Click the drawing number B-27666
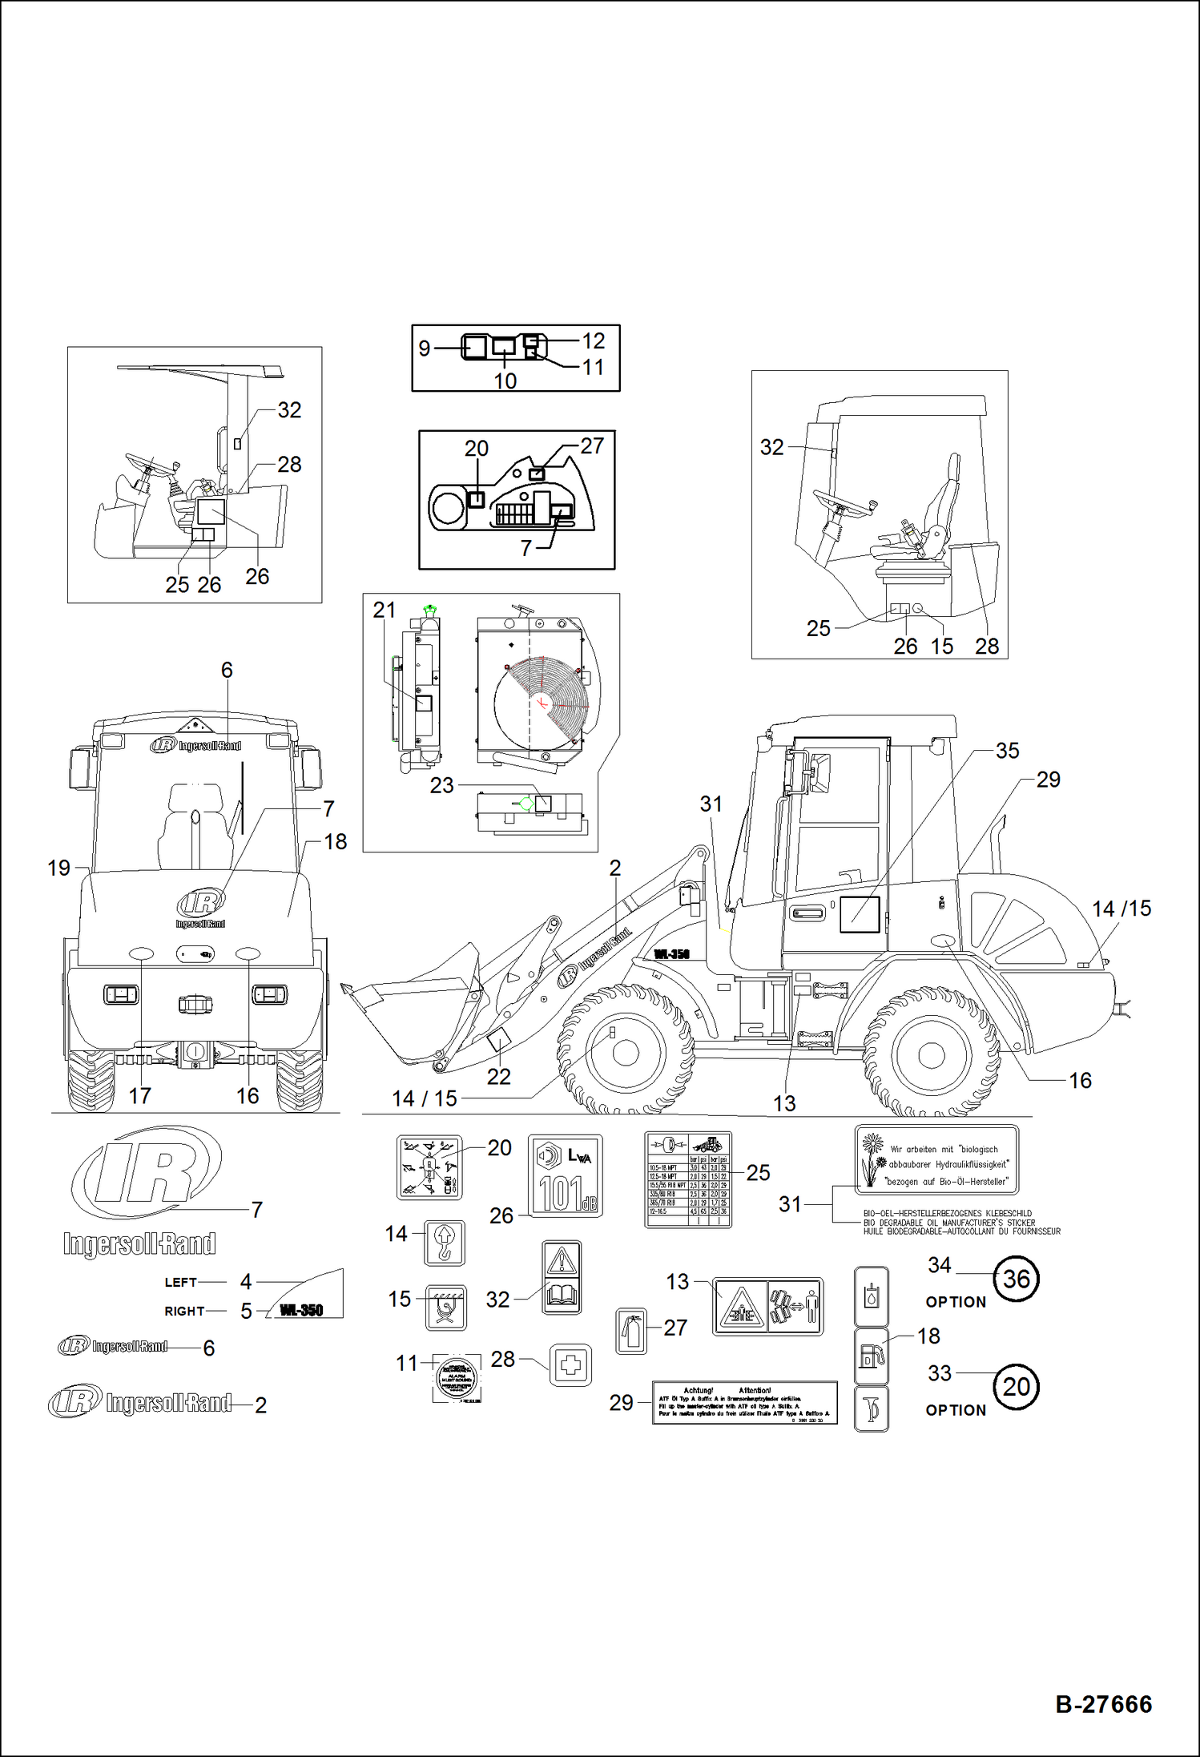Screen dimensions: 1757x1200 (1103, 1704)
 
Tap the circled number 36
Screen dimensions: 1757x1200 (1016, 1279)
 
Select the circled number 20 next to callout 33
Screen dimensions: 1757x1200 (1016, 1387)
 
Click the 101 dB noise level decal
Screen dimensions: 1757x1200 (565, 1175)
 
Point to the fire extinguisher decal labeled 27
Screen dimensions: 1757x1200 (631, 1331)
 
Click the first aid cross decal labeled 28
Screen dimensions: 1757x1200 (570, 1365)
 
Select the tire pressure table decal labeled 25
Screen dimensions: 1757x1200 (687, 1179)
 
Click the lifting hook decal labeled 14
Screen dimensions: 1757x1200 (445, 1243)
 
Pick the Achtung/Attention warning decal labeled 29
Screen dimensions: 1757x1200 (744, 1402)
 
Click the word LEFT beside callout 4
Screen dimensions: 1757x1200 (180, 1282)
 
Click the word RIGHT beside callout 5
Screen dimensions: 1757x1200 (184, 1311)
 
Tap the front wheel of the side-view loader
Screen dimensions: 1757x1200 (625, 1051)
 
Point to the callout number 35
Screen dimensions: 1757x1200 (1007, 751)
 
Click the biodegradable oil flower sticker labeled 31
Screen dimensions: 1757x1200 (936, 1159)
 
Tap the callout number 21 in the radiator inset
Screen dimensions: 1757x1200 (384, 610)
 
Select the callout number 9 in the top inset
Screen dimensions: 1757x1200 (424, 349)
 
